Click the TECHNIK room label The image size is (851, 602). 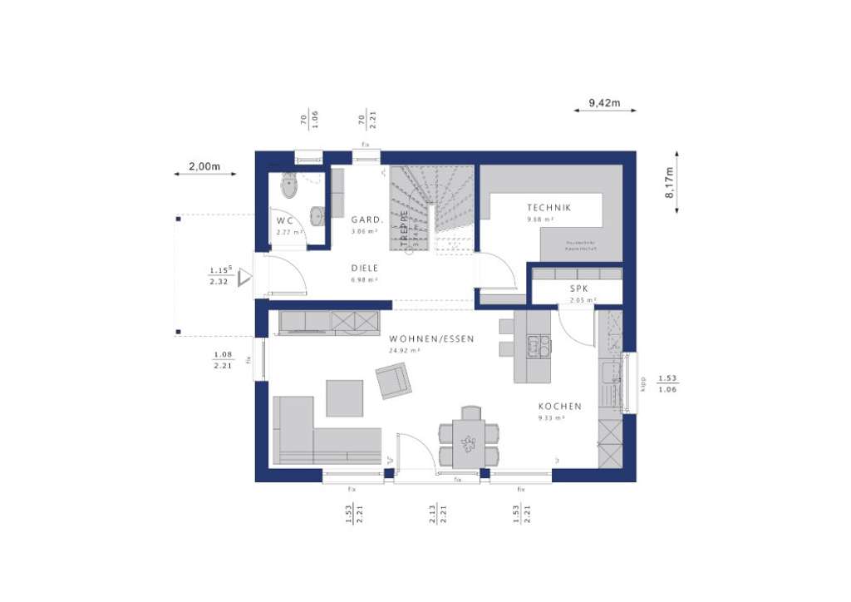coord(548,208)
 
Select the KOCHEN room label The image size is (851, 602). coord(559,407)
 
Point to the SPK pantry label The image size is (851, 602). coord(578,289)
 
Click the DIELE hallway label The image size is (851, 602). coord(364,268)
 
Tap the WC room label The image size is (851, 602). coord(285,220)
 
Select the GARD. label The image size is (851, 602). coord(366,220)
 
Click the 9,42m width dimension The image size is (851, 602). coord(604,102)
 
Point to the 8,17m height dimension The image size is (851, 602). coord(668,181)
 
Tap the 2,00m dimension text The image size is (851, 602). coord(204,166)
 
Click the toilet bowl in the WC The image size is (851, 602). coord(289,186)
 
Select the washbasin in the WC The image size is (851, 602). coord(317,215)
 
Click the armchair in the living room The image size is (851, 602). coord(393,382)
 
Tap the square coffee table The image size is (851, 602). coord(344,397)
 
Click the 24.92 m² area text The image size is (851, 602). coord(404,351)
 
